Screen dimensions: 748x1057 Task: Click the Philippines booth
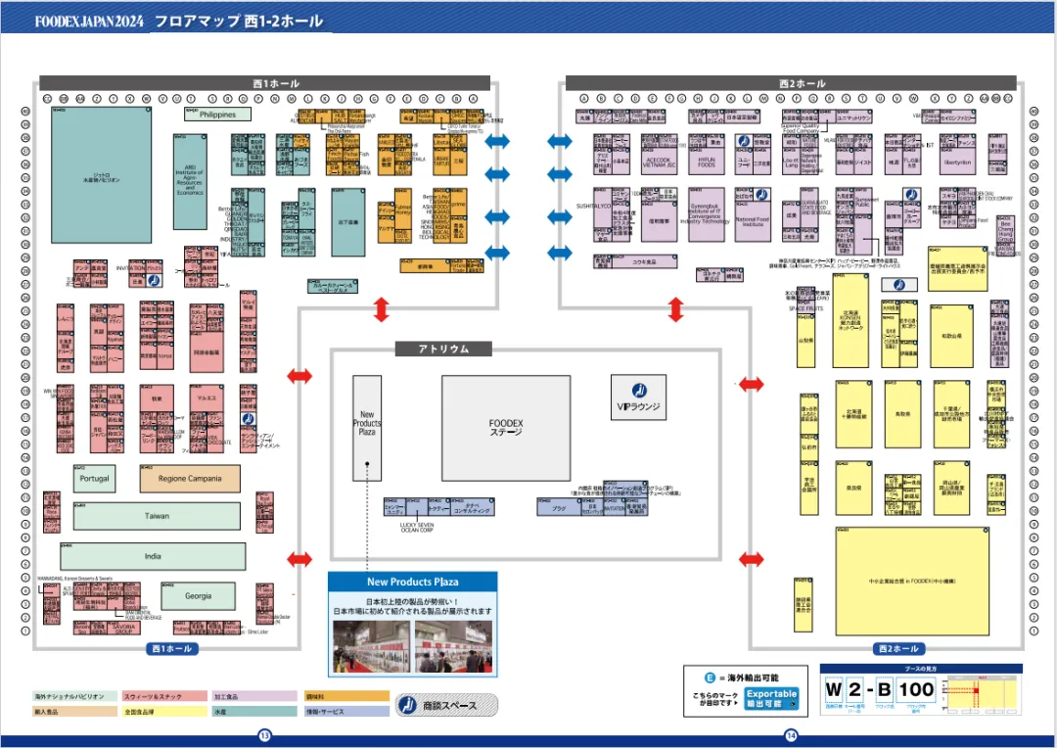tap(217, 115)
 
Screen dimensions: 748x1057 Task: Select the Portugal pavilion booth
tap(95, 479)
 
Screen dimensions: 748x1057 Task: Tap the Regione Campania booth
tap(190, 479)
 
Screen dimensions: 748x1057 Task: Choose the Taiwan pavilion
tap(157, 516)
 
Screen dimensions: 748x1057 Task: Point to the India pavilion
tap(153, 556)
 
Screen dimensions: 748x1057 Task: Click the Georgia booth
tap(199, 595)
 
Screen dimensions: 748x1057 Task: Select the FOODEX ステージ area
tap(505, 428)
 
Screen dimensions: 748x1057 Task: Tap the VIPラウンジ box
tap(639, 398)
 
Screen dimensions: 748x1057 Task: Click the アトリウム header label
tap(444, 349)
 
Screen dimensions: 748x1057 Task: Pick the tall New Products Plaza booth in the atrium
tap(367, 427)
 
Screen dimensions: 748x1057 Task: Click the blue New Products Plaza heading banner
tap(412, 582)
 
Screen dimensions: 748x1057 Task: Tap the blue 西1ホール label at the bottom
tap(171, 648)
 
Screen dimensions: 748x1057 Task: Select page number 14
tap(791, 735)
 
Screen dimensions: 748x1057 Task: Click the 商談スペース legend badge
tap(446, 705)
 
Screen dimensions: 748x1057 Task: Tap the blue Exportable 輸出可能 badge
tap(772, 698)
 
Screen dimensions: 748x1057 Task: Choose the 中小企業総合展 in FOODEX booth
tap(911, 581)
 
